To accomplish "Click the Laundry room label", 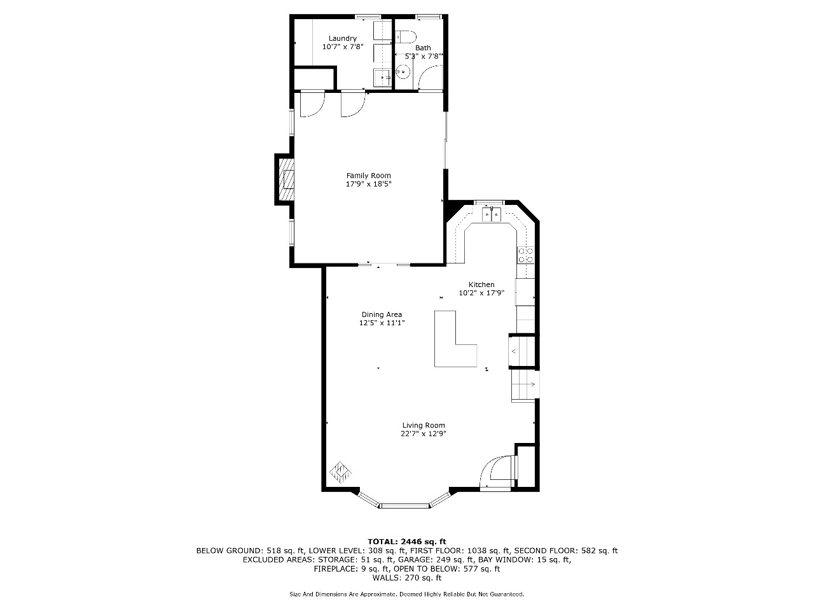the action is (343, 38).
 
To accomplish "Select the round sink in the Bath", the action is (402, 72).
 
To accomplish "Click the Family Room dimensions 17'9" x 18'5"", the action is (369, 184).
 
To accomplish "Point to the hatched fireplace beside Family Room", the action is (286, 179).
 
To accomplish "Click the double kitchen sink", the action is (492, 214).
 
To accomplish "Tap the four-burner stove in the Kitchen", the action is (526, 255).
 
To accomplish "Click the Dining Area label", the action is (382, 314).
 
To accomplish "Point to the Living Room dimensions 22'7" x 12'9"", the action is (423, 433).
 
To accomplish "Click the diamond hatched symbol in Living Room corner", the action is (340, 473).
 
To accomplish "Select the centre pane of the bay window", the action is (404, 505).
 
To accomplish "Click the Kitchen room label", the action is (481, 284).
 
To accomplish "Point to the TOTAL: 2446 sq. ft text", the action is (407, 542).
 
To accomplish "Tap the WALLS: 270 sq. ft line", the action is (407, 578).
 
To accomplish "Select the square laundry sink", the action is (382, 78).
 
